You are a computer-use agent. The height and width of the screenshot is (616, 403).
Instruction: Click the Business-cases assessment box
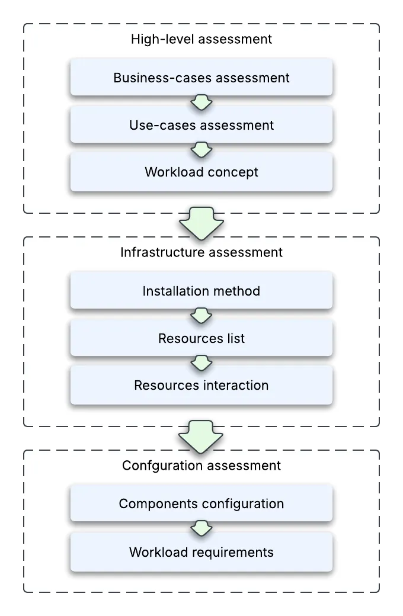click(201, 78)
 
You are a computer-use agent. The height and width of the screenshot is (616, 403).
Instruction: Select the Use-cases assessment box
click(201, 125)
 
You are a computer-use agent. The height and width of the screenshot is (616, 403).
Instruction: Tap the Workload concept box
click(201, 172)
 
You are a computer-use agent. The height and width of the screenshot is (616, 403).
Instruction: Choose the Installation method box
click(201, 291)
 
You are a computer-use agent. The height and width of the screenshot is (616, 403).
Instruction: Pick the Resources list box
click(201, 338)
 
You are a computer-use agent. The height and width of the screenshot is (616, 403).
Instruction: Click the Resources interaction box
click(201, 386)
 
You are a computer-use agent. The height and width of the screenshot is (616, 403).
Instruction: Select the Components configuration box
click(201, 504)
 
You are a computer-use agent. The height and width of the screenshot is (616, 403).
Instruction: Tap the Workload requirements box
click(201, 553)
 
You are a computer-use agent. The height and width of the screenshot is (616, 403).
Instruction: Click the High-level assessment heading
click(201, 40)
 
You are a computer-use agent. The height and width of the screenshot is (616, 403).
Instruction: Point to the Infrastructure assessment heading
click(201, 252)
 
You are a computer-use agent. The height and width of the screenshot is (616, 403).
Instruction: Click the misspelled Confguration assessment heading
click(201, 466)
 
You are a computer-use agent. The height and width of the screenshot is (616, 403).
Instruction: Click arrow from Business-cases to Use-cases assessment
click(201, 102)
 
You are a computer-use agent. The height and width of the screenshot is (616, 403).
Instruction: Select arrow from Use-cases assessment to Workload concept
click(201, 149)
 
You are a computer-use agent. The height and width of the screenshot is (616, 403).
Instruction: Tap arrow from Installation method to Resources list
click(201, 315)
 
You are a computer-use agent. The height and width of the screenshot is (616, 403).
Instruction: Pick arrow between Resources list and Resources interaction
click(201, 362)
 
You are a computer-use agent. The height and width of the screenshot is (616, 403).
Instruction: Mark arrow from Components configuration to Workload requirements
click(201, 528)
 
